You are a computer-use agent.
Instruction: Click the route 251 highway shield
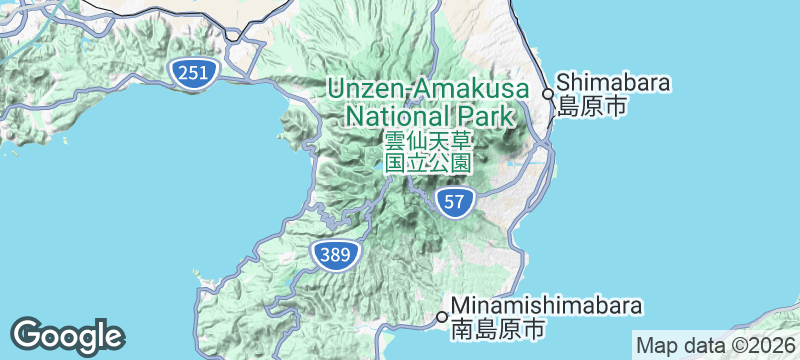click(x=189, y=71)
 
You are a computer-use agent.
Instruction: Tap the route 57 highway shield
click(x=454, y=202)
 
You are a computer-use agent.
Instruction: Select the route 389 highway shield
click(x=335, y=255)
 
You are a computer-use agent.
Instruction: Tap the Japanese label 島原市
click(x=592, y=106)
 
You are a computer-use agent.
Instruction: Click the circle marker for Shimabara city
click(x=548, y=94)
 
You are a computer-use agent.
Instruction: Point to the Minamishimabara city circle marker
click(x=442, y=317)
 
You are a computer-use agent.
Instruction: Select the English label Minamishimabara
click(x=546, y=305)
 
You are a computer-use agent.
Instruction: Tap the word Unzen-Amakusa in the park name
click(x=427, y=88)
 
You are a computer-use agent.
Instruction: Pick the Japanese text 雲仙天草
click(x=427, y=141)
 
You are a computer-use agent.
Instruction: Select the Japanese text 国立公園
click(x=427, y=163)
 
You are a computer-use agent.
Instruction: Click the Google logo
click(x=67, y=335)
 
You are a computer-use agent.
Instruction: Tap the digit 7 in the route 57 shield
click(x=460, y=202)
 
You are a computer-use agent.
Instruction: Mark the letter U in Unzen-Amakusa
click(x=336, y=88)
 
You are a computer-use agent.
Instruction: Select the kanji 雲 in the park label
click(x=394, y=141)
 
